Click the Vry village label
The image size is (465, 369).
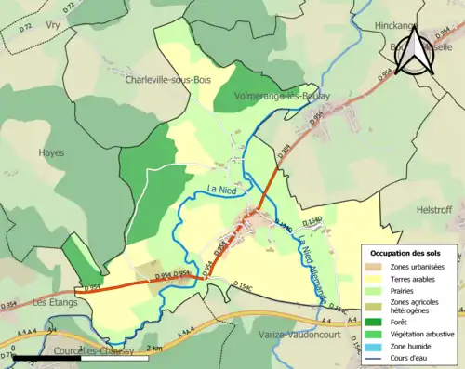coord(53,26)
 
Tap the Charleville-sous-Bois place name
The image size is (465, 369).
coord(168,80)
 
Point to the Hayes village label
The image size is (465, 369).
coord(51,152)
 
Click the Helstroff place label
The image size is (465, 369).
coord(434,209)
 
